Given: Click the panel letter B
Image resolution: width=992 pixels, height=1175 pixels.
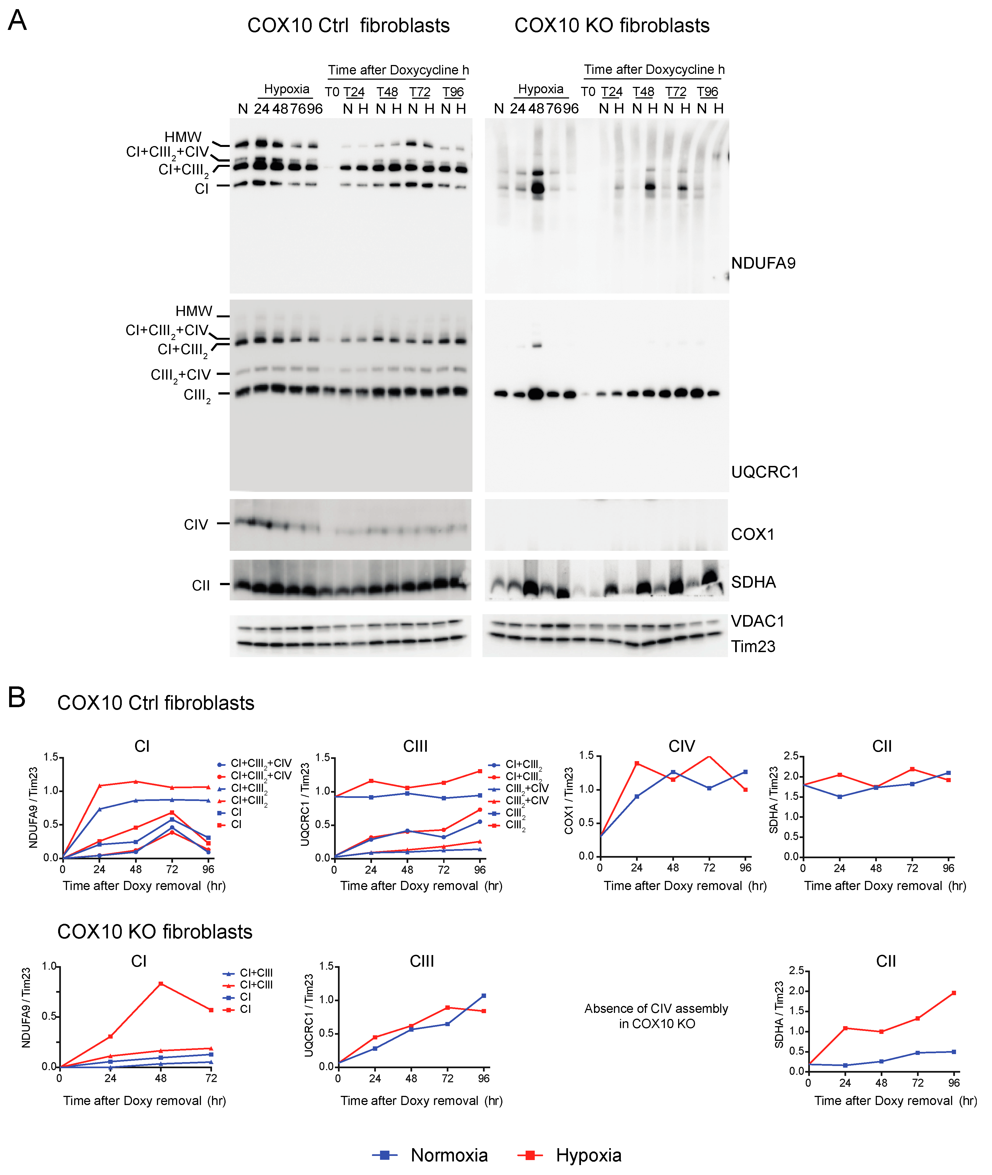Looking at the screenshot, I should click(x=17, y=698).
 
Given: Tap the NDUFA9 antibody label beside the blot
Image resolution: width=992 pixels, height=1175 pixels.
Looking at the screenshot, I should click(x=763, y=263).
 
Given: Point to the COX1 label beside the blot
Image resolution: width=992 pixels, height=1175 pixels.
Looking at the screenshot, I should click(x=752, y=534).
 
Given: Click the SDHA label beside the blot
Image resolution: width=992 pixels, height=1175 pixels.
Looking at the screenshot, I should click(x=753, y=582).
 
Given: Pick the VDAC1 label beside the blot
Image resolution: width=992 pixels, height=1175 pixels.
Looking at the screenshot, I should click(x=757, y=621).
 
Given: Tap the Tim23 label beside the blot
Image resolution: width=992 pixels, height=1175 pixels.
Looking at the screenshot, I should click(x=753, y=647).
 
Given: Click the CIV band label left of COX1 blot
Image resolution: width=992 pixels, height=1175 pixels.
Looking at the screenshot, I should click(x=196, y=525).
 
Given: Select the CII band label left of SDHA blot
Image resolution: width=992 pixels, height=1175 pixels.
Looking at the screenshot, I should click(x=201, y=585).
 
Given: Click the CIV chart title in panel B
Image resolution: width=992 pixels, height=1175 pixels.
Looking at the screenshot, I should click(x=681, y=746).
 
